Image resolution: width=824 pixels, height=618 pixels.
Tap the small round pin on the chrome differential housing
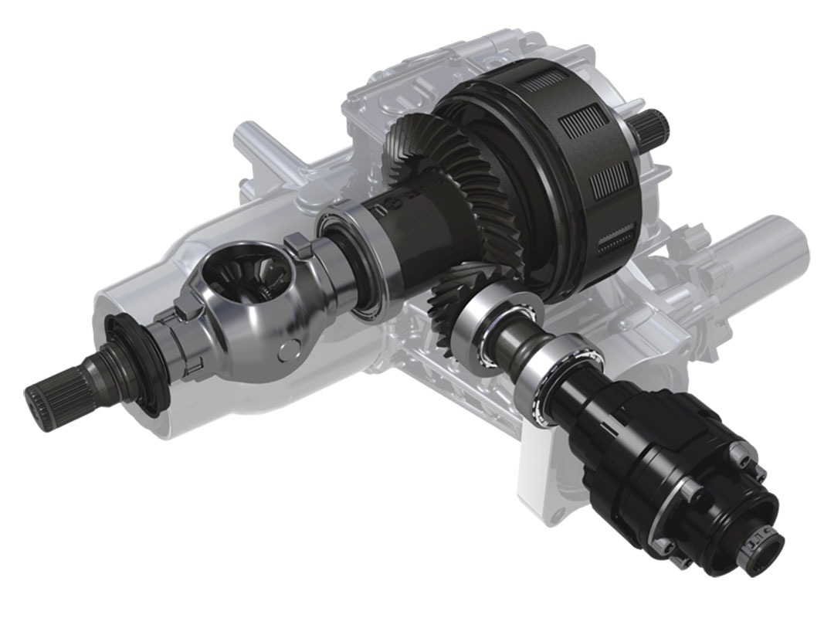point(289,348)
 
